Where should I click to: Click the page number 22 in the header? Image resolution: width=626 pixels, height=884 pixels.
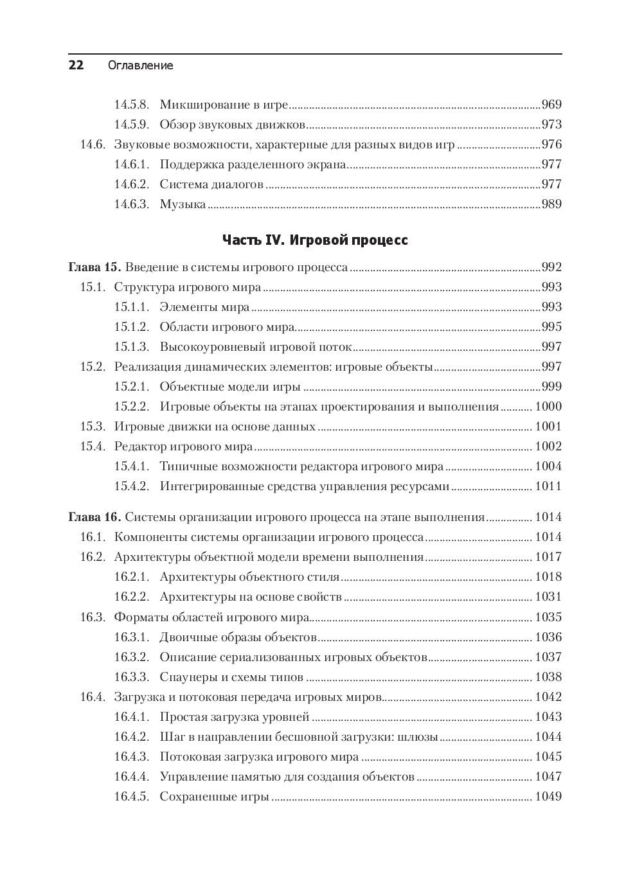[76, 65]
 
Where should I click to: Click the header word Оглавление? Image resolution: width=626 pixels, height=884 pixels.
[140, 66]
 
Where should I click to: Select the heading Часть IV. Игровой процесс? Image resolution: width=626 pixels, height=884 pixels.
[315, 240]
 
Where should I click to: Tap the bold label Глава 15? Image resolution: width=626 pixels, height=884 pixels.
[94, 267]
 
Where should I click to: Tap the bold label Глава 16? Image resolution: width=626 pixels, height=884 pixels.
[94, 517]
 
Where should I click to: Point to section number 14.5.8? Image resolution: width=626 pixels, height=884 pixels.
[131, 105]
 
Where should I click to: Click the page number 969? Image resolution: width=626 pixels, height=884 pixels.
[551, 105]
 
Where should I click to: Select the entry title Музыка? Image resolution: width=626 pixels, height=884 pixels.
[183, 204]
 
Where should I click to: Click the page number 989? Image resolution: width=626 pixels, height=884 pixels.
[551, 204]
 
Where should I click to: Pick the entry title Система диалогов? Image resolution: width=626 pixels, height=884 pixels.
[211, 184]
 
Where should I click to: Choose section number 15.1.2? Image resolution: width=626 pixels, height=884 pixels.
[131, 327]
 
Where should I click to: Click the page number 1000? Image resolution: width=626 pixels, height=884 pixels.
[548, 407]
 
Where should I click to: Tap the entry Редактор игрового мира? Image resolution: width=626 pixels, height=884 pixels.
[183, 446]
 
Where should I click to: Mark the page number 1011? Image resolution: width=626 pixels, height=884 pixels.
[548, 486]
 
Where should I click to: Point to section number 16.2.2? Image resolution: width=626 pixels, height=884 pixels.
[131, 597]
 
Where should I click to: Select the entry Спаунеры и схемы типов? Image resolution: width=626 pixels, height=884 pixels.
[231, 677]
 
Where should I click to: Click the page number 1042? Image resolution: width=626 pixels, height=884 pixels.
[548, 697]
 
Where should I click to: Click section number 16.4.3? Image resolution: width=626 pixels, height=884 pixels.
[131, 757]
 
